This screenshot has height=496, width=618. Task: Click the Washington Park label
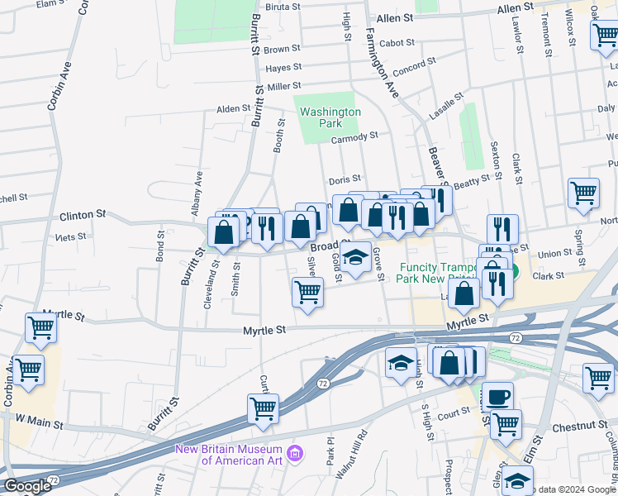pyautogui.click(x=330, y=117)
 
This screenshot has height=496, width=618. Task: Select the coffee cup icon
pyautogui.click(x=498, y=396)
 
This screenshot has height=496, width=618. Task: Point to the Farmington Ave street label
pyautogui.click(x=383, y=62)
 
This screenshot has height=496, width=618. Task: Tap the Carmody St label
pyautogui.click(x=354, y=136)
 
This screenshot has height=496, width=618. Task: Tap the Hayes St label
pyautogui.click(x=282, y=68)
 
